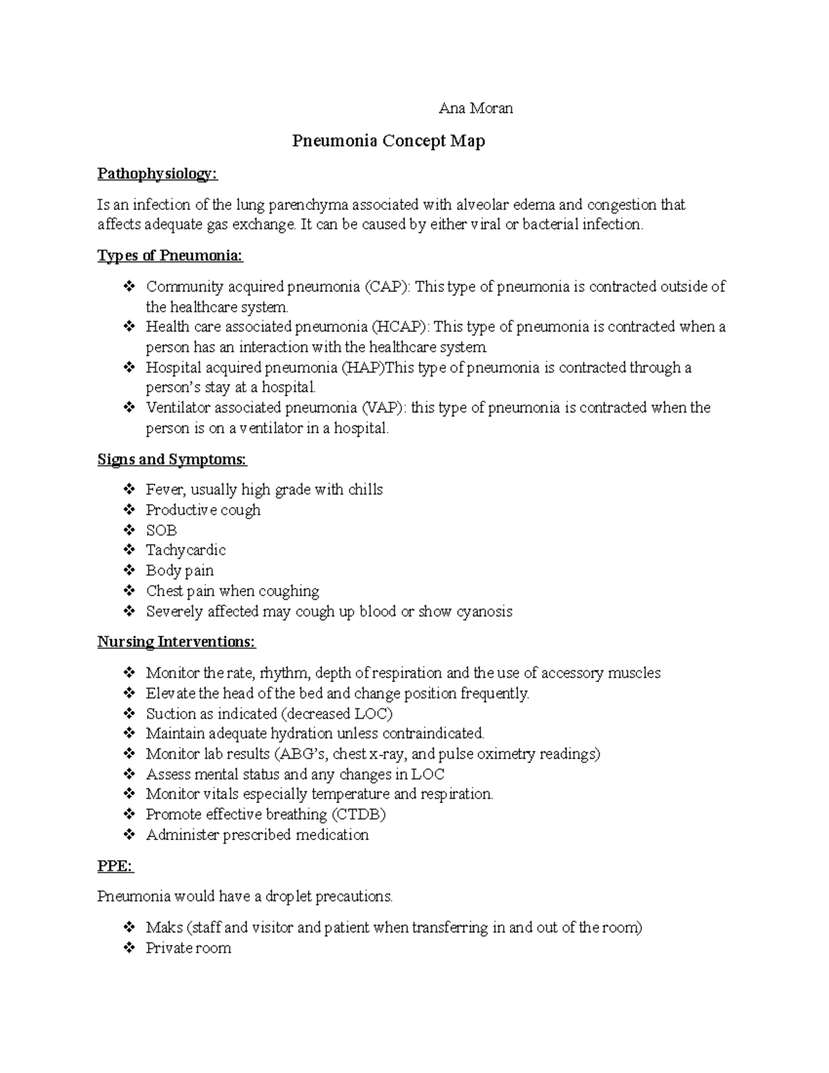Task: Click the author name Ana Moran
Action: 476,108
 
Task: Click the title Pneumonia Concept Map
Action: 388,141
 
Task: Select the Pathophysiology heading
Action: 157,174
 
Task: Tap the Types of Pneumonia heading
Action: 170,256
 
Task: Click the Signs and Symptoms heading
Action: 172,459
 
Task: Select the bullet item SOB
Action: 161,531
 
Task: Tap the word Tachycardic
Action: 185,551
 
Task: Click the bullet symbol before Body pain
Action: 129,571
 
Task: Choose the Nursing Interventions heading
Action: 176,642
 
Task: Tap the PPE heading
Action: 115,866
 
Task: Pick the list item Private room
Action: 188,949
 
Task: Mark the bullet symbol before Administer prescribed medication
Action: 129,835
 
